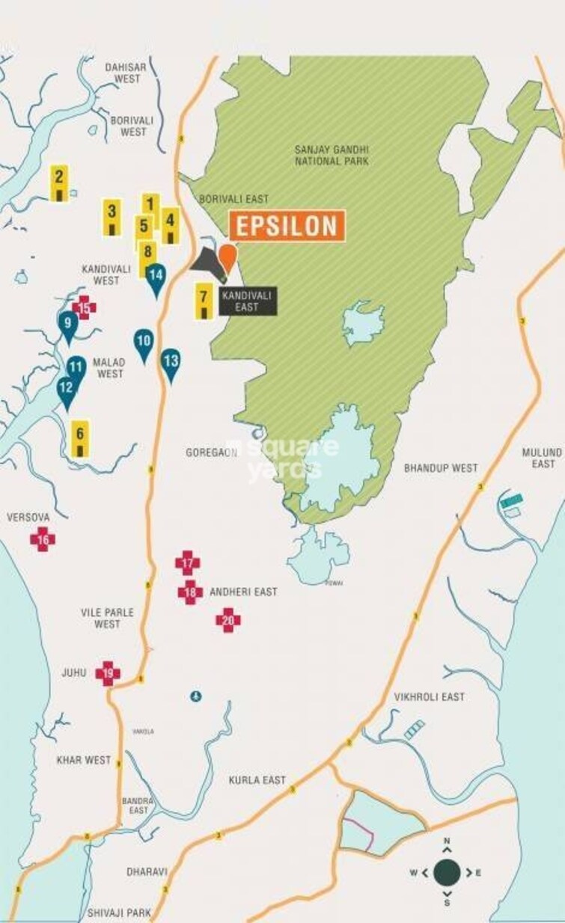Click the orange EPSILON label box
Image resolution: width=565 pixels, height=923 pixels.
pos(287,226)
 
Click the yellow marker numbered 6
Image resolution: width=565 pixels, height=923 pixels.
pos(80,438)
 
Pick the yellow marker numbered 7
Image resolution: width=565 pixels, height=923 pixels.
pos(204,301)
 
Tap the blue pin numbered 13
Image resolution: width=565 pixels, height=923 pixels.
pos(171,364)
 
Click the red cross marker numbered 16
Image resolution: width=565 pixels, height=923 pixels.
pos(43,539)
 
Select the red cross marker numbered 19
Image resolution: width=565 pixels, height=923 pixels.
pos(108,673)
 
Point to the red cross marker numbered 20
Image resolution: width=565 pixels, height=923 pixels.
pos(228,619)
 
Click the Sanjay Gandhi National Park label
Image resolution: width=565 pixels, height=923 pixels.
pos(332,155)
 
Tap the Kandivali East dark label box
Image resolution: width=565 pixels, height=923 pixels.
pos(247,301)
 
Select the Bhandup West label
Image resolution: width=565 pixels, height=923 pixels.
pos(440,467)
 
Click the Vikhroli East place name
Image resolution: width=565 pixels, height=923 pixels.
pos(430,696)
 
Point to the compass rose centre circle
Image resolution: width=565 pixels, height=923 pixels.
pos(447,871)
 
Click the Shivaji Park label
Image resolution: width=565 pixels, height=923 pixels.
pos(119,913)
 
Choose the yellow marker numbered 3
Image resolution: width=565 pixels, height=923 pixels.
pos(112,217)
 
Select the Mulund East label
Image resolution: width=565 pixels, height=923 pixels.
pos(543,458)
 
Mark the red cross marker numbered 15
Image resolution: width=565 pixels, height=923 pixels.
pos(84,307)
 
